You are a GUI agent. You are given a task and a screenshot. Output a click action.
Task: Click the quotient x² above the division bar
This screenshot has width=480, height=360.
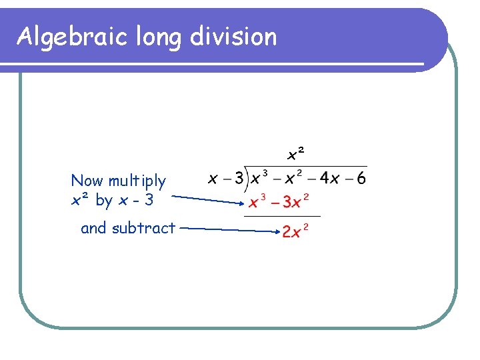(x=295, y=155)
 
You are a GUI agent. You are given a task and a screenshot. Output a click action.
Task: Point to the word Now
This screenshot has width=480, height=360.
(x=87, y=181)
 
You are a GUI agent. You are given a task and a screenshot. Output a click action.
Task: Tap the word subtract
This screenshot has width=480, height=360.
(x=143, y=228)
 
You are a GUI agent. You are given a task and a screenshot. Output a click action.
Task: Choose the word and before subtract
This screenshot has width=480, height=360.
(x=94, y=228)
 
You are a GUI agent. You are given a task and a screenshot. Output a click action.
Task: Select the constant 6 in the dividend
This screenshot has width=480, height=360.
(x=361, y=179)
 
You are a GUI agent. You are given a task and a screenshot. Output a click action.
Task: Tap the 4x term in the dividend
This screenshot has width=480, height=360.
(x=329, y=179)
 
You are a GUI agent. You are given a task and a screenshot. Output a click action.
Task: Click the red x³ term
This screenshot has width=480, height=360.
(x=258, y=201)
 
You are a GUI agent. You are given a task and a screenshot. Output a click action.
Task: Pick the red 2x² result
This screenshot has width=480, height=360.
(x=295, y=232)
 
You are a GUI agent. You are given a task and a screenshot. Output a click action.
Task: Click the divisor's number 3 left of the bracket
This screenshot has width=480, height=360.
(x=237, y=179)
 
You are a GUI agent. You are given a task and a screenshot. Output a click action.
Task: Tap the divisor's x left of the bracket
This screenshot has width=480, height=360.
(x=213, y=179)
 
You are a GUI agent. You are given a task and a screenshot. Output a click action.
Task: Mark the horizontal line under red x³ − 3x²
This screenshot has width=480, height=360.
(x=282, y=216)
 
